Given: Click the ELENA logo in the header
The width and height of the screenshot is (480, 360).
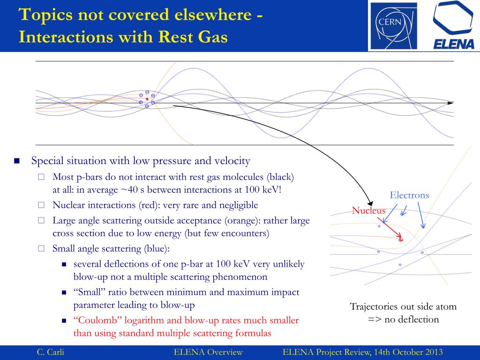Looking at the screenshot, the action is point(453,25).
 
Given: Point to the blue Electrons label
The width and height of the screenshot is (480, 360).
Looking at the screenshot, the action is point(409,195).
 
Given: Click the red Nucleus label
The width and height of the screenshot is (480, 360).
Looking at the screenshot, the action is point(368,210).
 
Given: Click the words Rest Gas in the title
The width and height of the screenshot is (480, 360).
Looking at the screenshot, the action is point(194,37).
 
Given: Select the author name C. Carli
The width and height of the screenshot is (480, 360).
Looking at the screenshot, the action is point(50,352).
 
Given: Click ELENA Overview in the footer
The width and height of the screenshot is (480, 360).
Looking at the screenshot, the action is point(208,352).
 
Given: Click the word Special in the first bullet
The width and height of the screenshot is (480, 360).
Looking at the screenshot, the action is point(46,161).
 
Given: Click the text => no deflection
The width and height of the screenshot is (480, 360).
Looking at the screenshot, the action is point(403,319).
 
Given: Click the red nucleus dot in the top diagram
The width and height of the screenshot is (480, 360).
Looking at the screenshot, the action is point(147,99).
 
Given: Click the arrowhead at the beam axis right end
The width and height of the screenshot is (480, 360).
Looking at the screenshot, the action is point(450,103).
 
